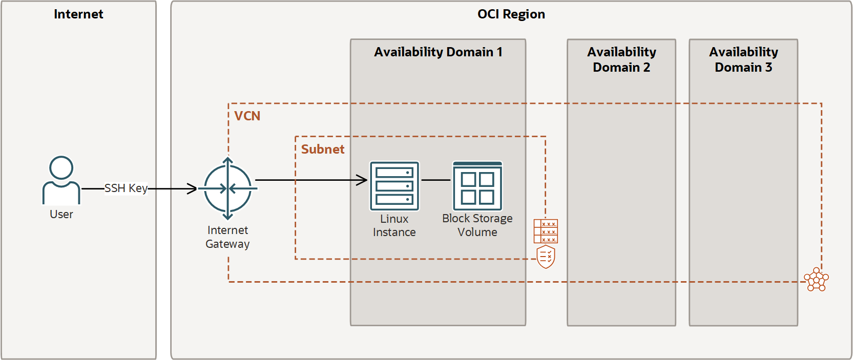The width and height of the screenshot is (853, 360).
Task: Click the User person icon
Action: (61, 180)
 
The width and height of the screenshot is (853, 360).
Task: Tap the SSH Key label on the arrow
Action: (126, 188)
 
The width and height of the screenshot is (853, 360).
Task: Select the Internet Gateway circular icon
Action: (228, 189)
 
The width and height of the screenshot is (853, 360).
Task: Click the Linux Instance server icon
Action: (394, 186)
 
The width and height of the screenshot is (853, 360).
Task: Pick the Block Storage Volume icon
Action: (477, 186)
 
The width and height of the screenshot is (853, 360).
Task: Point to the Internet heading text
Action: (78, 14)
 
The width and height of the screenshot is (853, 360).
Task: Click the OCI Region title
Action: (511, 14)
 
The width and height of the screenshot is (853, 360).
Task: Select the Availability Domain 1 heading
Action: (438, 52)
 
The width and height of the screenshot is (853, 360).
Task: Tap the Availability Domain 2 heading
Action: (621, 59)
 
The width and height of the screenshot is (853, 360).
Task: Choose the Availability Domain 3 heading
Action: (743, 59)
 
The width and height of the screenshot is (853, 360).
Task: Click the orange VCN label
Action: (247, 116)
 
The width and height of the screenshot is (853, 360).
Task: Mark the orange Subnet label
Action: (323, 150)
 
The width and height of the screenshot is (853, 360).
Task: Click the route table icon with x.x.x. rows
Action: (546, 231)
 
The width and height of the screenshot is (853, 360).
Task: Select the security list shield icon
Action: (546, 257)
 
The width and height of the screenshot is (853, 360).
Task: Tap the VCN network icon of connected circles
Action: (816, 280)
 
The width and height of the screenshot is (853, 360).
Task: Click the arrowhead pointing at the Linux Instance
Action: (363, 180)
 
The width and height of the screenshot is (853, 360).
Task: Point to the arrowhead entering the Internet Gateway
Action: (192, 189)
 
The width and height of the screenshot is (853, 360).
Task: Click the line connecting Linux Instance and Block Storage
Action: (435, 180)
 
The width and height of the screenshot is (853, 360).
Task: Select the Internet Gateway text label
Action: (227, 237)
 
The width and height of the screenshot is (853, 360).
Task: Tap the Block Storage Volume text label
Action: (477, 225)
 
